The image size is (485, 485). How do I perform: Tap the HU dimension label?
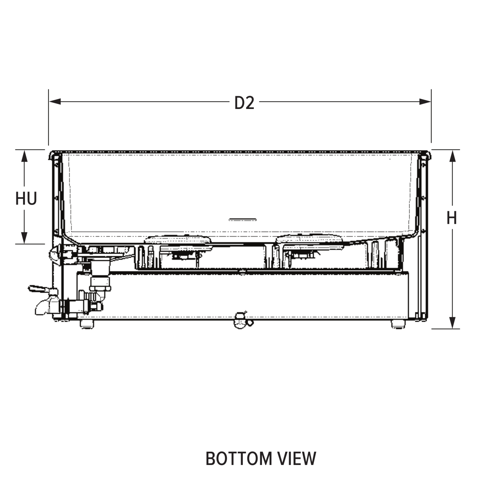coord(26,199)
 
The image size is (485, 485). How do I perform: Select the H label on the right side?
coord(451,218)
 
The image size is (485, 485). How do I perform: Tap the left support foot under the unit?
coord(87,324)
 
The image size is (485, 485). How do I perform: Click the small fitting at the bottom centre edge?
coord(242,320)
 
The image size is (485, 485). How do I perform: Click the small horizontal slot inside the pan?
coord(242,220)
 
